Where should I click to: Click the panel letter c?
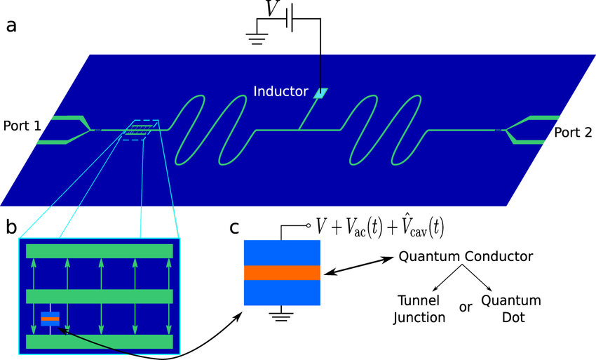[236, 229]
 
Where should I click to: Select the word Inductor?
[280, 91]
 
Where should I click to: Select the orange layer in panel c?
[282, 272]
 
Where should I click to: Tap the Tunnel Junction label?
[421, 308]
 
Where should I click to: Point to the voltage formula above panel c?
[379, 227]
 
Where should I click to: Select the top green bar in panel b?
[99, 251]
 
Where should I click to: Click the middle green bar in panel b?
[99, 296]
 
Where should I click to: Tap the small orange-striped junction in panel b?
[50, 319]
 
